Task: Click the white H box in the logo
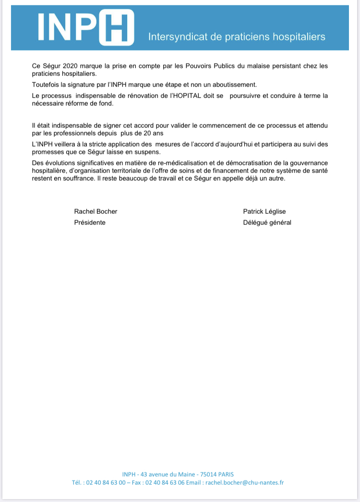(x=117, y=28)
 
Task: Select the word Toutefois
(x=39, y=85)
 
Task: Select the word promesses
(x=42, y=153)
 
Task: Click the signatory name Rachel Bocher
(x=96, y=211)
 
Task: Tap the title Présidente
(x=90, y=222)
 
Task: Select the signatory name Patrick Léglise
(x=264, y=211)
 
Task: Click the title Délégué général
(x=267, y=222)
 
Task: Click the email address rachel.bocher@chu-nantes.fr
(x=244, y=482)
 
